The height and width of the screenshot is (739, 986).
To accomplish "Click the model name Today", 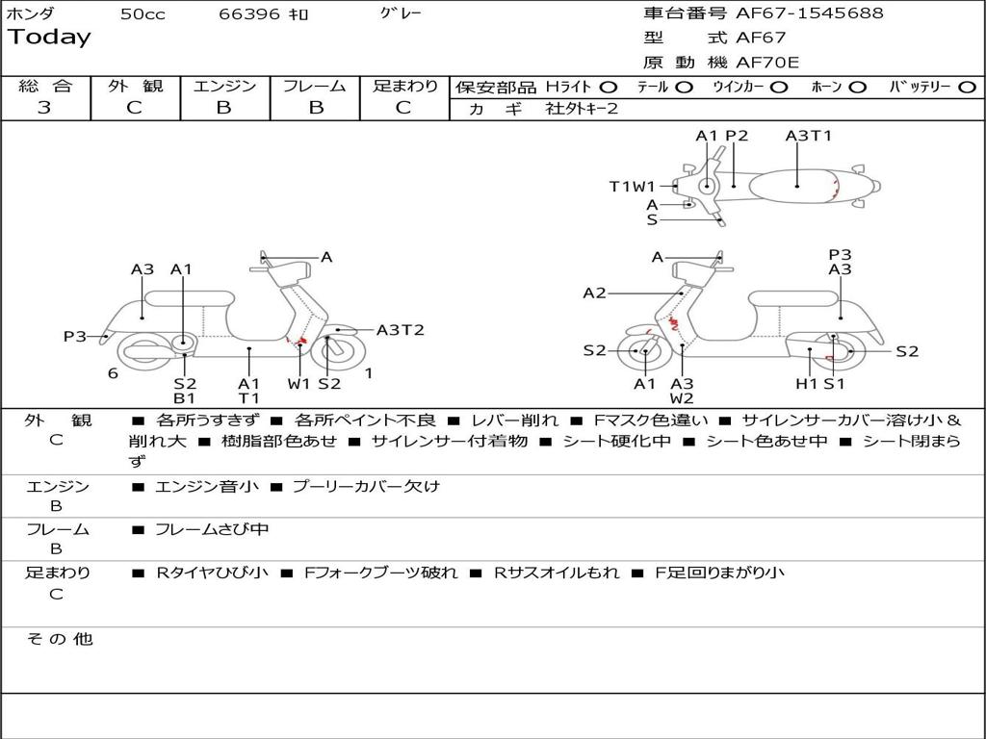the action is click(x=49, y=38).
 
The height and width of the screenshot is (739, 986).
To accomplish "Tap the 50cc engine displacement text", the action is click(x=143, y=14).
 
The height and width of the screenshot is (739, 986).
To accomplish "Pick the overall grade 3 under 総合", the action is click(x=44, y=108).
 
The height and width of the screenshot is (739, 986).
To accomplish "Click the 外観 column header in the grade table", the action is click(x=135, y=86).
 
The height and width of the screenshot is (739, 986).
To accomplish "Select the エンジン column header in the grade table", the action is click(x=224, y=86).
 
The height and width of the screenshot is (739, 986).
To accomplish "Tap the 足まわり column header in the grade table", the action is click(x=405, y=86).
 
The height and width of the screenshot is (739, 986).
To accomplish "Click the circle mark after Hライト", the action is click(x=609, y=87).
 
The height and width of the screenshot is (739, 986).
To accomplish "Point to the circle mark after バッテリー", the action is click(x=967, y=87).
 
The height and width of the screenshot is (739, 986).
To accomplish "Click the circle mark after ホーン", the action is click(x=858, y=87).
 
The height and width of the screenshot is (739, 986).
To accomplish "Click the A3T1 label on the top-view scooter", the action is click(x=808, y=136).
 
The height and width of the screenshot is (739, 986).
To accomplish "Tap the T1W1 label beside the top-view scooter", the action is click(x=632, y=187).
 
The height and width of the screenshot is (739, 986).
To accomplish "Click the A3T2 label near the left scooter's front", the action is click(x=400, y=330).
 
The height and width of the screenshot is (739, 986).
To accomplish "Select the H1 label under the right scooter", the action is click(x=806, y=384).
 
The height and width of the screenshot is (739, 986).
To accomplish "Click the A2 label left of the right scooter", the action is click(x=595, y=293).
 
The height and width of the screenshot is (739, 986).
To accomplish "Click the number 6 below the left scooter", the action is click(x=113, y=373).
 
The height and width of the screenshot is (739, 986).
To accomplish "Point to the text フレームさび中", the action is click(x=212, y=529).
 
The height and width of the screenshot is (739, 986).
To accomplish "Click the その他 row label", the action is click(x=59, y=639).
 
